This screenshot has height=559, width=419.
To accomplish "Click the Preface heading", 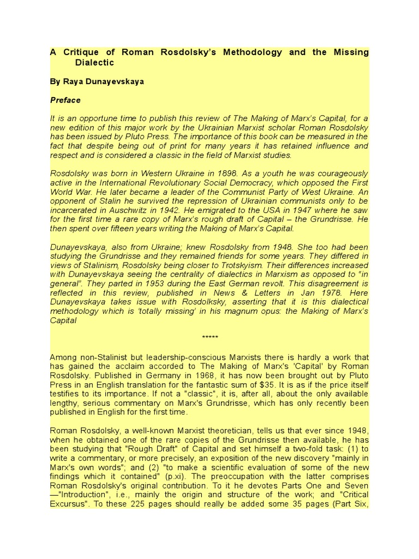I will (x=65, y=100).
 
